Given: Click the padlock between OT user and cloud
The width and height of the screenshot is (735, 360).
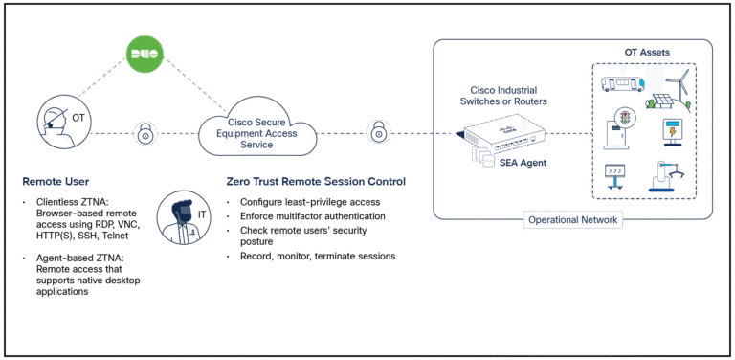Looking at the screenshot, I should [145, 132].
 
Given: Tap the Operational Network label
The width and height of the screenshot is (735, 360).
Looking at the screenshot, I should [572, 220].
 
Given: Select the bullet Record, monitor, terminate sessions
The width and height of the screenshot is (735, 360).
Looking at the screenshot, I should [312, 257].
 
